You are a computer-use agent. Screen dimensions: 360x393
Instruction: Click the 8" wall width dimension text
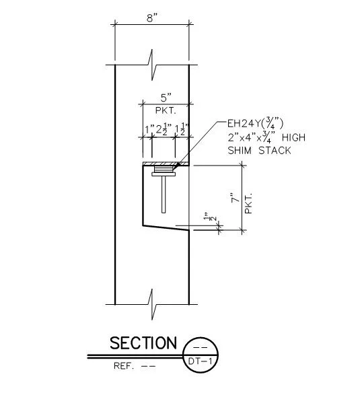[152, 17]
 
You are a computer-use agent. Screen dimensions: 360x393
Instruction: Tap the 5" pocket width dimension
[166, 98]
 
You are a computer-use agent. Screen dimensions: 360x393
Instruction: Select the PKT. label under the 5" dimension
[166, 110]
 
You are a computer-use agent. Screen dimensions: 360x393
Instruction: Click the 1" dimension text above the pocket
[150, 130]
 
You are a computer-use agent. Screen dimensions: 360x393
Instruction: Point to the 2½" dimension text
[164, 129]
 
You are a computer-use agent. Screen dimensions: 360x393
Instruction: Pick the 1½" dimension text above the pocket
[182, 129]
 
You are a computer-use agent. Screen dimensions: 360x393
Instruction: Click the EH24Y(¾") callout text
[255, 123]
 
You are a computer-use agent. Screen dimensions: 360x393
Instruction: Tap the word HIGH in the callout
[293, 137]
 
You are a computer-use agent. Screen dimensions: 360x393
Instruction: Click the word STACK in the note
[275, 151]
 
